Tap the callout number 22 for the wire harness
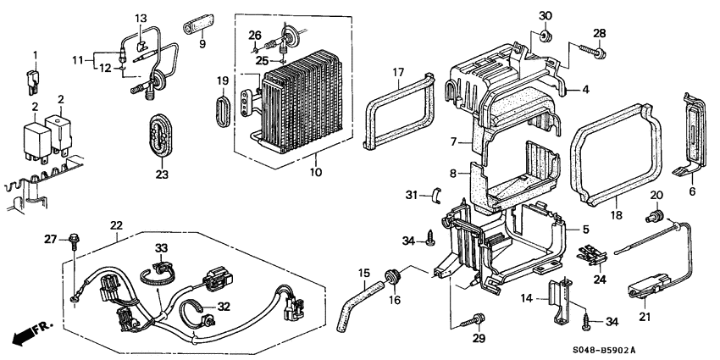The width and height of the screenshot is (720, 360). click(115, 224)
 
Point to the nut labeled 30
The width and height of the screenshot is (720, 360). click(545, 36)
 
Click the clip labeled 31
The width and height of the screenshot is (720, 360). click(437, 196)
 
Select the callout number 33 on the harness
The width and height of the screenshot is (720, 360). click(161, 247)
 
